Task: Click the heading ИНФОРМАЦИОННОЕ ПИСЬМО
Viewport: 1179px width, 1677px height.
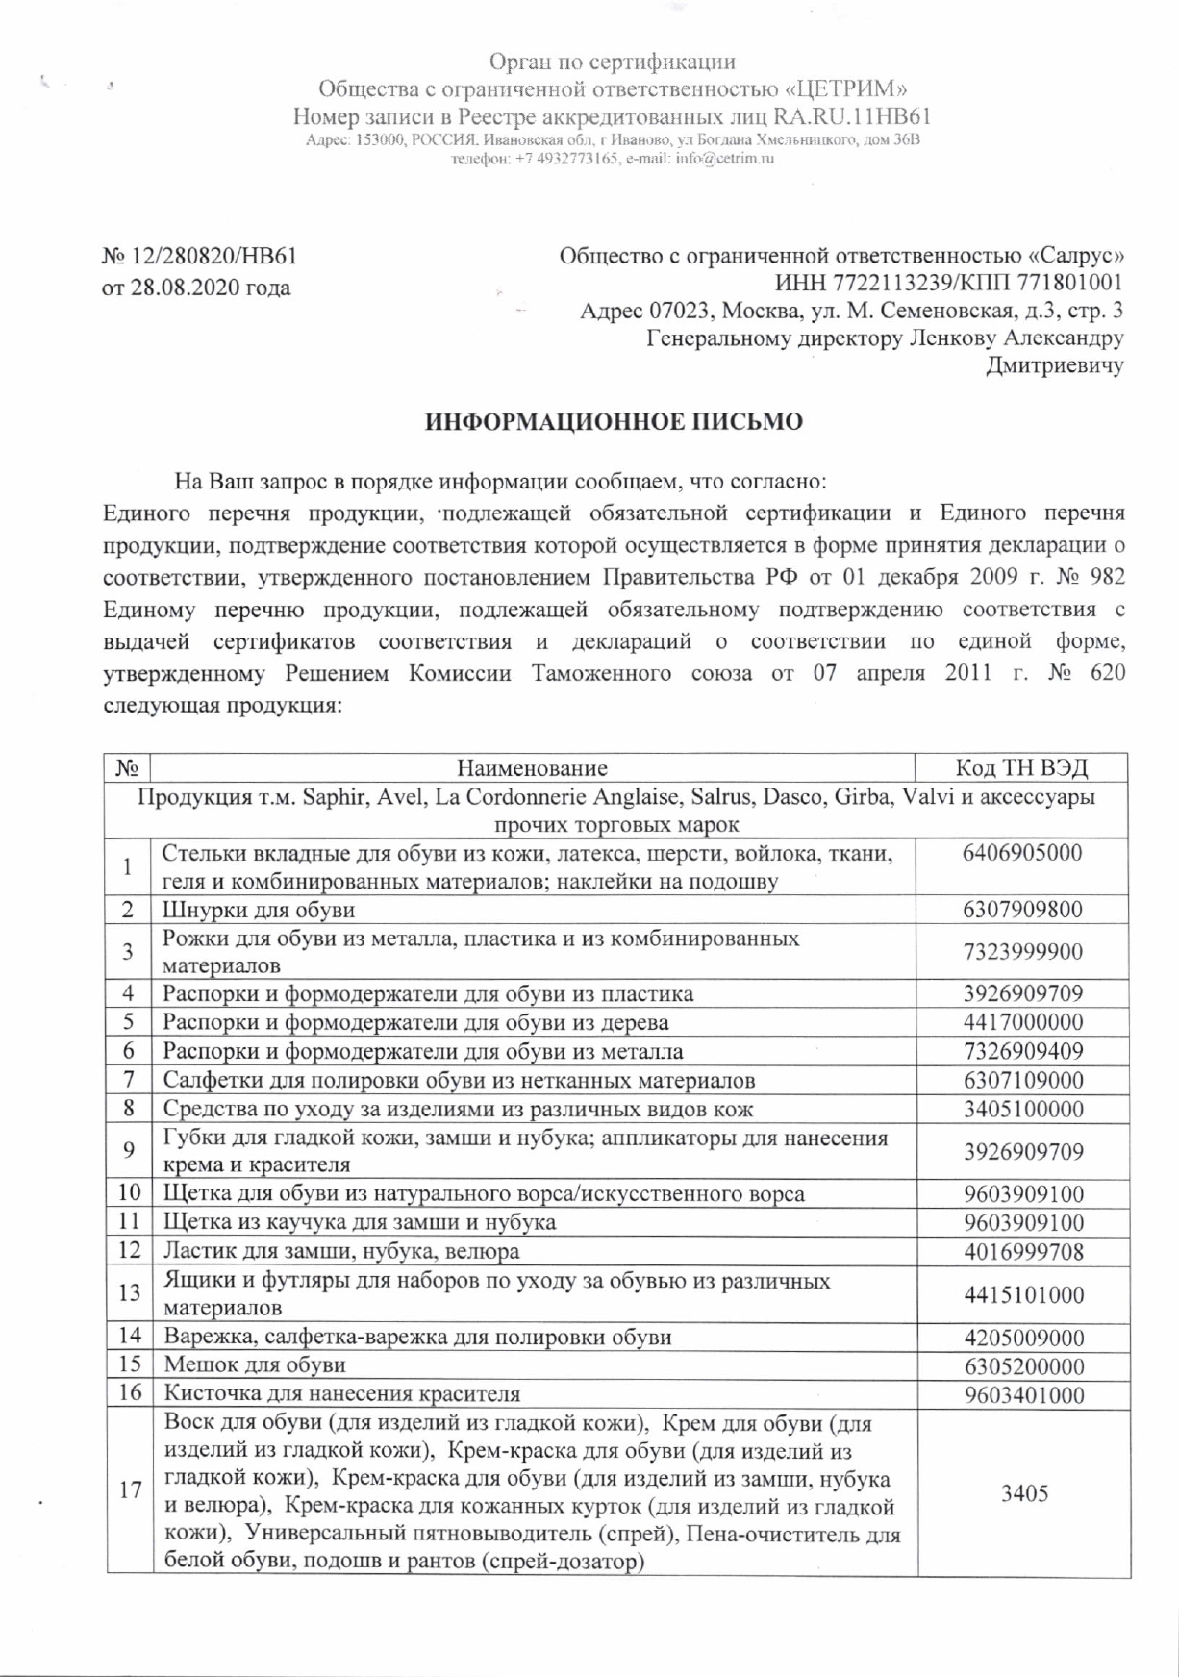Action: pos(614,423)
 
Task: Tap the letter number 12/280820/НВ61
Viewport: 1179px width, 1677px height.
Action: pos(210,257)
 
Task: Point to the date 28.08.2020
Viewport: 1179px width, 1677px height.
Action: pos(184,288)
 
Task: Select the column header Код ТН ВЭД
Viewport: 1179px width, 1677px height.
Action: pos(1022,767)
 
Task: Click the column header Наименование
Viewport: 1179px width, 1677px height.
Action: pos(532,767)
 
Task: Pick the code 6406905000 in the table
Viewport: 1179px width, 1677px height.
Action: pos(1022,853)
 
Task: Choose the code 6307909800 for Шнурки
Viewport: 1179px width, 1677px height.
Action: pos(1022,910)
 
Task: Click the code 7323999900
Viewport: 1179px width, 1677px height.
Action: pos(1022,952)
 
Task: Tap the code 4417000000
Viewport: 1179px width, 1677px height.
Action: pos(1022,1022)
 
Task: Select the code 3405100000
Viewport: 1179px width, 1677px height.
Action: pos(1022,1109)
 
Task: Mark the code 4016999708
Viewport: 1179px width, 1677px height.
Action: pos(1022,1251)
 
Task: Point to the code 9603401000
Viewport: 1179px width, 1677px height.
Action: pos(1022,1394)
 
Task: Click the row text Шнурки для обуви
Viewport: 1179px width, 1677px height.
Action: pos(259,910)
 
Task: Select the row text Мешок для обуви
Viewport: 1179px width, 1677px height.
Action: pos(255,1365)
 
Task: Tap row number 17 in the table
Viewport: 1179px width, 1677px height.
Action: pos(130,1490)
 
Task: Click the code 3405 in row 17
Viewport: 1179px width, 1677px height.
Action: pos(1023,1493)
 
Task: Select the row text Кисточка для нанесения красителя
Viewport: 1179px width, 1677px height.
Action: pos(341,1394)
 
